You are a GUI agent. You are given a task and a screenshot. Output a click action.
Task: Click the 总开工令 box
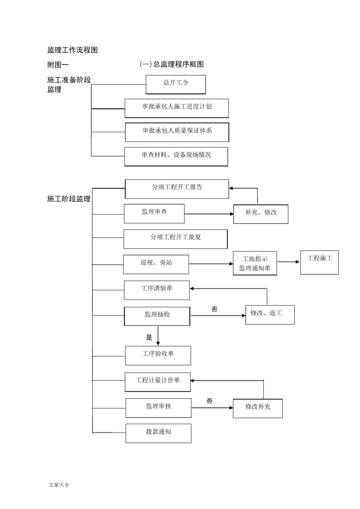[x=175, y=84]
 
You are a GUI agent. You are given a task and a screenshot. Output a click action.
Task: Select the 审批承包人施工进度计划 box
[x=177, y=108]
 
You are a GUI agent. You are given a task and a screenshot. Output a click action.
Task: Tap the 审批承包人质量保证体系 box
[x=177, y=132]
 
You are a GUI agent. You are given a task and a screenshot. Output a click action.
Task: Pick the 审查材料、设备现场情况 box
[x=176, y=156]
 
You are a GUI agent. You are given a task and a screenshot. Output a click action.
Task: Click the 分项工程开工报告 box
[x=177, y=189]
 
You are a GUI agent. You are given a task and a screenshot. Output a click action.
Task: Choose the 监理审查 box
[x=154, y=213]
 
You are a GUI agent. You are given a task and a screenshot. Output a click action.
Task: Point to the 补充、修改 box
[x=261, y=214]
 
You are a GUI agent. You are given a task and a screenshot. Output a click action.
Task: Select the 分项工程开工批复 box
[x=175, y=239]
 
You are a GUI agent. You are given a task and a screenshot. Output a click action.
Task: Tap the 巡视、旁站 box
[x=156, y=264]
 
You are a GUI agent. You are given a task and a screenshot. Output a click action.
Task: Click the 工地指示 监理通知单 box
[x=255, y=263]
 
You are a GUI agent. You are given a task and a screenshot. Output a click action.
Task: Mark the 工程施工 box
[x=319, y=262]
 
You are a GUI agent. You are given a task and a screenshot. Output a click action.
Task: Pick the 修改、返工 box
[x=270, y=314]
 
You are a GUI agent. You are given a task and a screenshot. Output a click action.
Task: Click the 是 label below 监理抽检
[x=149, y=337]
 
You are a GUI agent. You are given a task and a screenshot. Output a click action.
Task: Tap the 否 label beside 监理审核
[x=210, y=401]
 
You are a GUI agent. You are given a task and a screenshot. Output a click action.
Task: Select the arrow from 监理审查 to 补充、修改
[x=209, y=214]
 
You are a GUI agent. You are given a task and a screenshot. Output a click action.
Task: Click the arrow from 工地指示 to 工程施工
[x=288, y=262]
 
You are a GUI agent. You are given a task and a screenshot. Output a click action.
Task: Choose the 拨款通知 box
[x=158, y=433]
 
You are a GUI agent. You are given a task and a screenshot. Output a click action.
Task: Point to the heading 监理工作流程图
[x=72, y=50]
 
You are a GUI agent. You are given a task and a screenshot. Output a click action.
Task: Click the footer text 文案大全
[x=59, y=485]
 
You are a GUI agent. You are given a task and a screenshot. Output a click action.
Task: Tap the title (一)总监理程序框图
[x=172, y=64]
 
